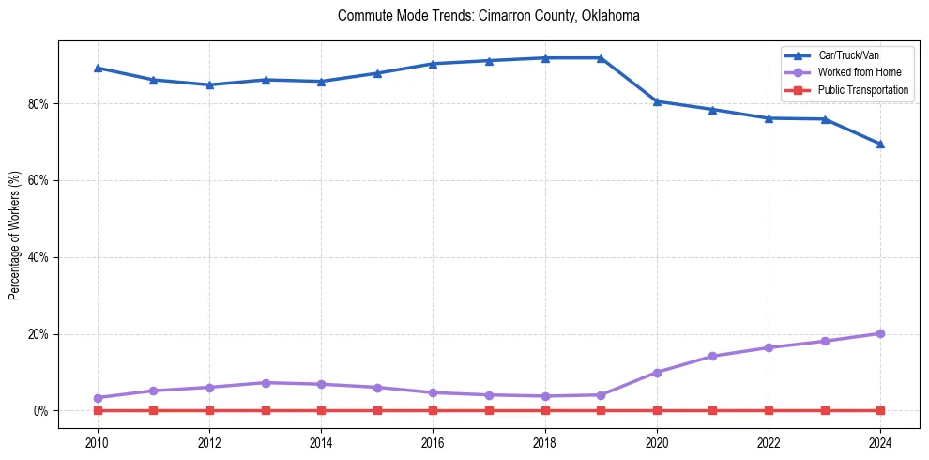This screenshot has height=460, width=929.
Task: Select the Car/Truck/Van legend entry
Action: coord(845,55)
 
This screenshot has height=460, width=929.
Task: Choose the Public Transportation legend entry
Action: coord(863,90)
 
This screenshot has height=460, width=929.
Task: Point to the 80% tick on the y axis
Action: coord(40,103)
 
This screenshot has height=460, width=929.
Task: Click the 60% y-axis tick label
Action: coord(40,180)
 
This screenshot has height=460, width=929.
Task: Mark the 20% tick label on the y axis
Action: coord(40,334)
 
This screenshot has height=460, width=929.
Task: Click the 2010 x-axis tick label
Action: coord(98,442)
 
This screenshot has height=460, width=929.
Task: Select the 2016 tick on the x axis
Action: coord(433,442)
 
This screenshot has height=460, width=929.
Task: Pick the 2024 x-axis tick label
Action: coord(880,442)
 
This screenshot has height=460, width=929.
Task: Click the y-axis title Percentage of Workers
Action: coord(15,235)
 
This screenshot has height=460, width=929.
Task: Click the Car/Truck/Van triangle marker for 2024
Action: coord(880,144)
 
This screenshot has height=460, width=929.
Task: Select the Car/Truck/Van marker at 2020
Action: coord(657,101)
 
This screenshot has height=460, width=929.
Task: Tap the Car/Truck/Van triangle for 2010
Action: coord(98,68)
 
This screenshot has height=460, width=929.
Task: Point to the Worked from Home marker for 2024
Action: coord(880,333)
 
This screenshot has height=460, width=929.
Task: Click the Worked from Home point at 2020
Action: coord(657,373)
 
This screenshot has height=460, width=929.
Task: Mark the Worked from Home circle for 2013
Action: coord(266,383)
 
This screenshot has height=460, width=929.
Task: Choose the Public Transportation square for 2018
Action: coord(545,411)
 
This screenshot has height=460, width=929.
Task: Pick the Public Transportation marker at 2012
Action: coord(209,411)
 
